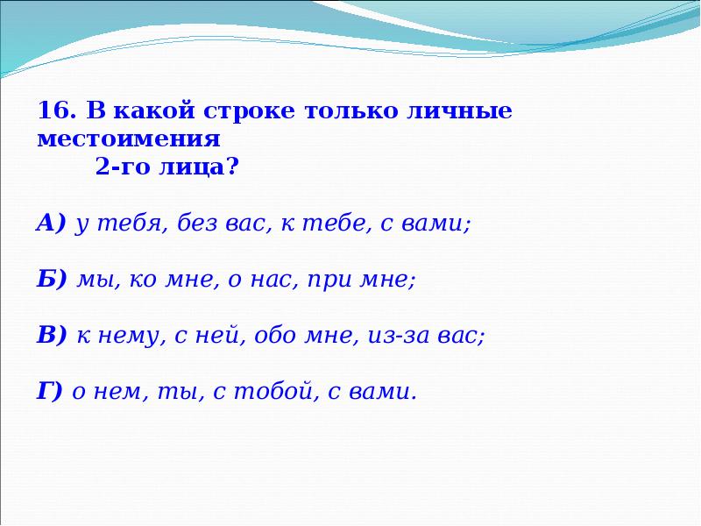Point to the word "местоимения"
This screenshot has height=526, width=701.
(x=128, y=139)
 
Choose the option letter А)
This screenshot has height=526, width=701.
(x=52, y=224)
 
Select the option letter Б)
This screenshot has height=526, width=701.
(x=52, y=281)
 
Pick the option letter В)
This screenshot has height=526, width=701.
(x=52, y=336)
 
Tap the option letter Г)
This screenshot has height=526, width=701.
(x=49, y=392)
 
